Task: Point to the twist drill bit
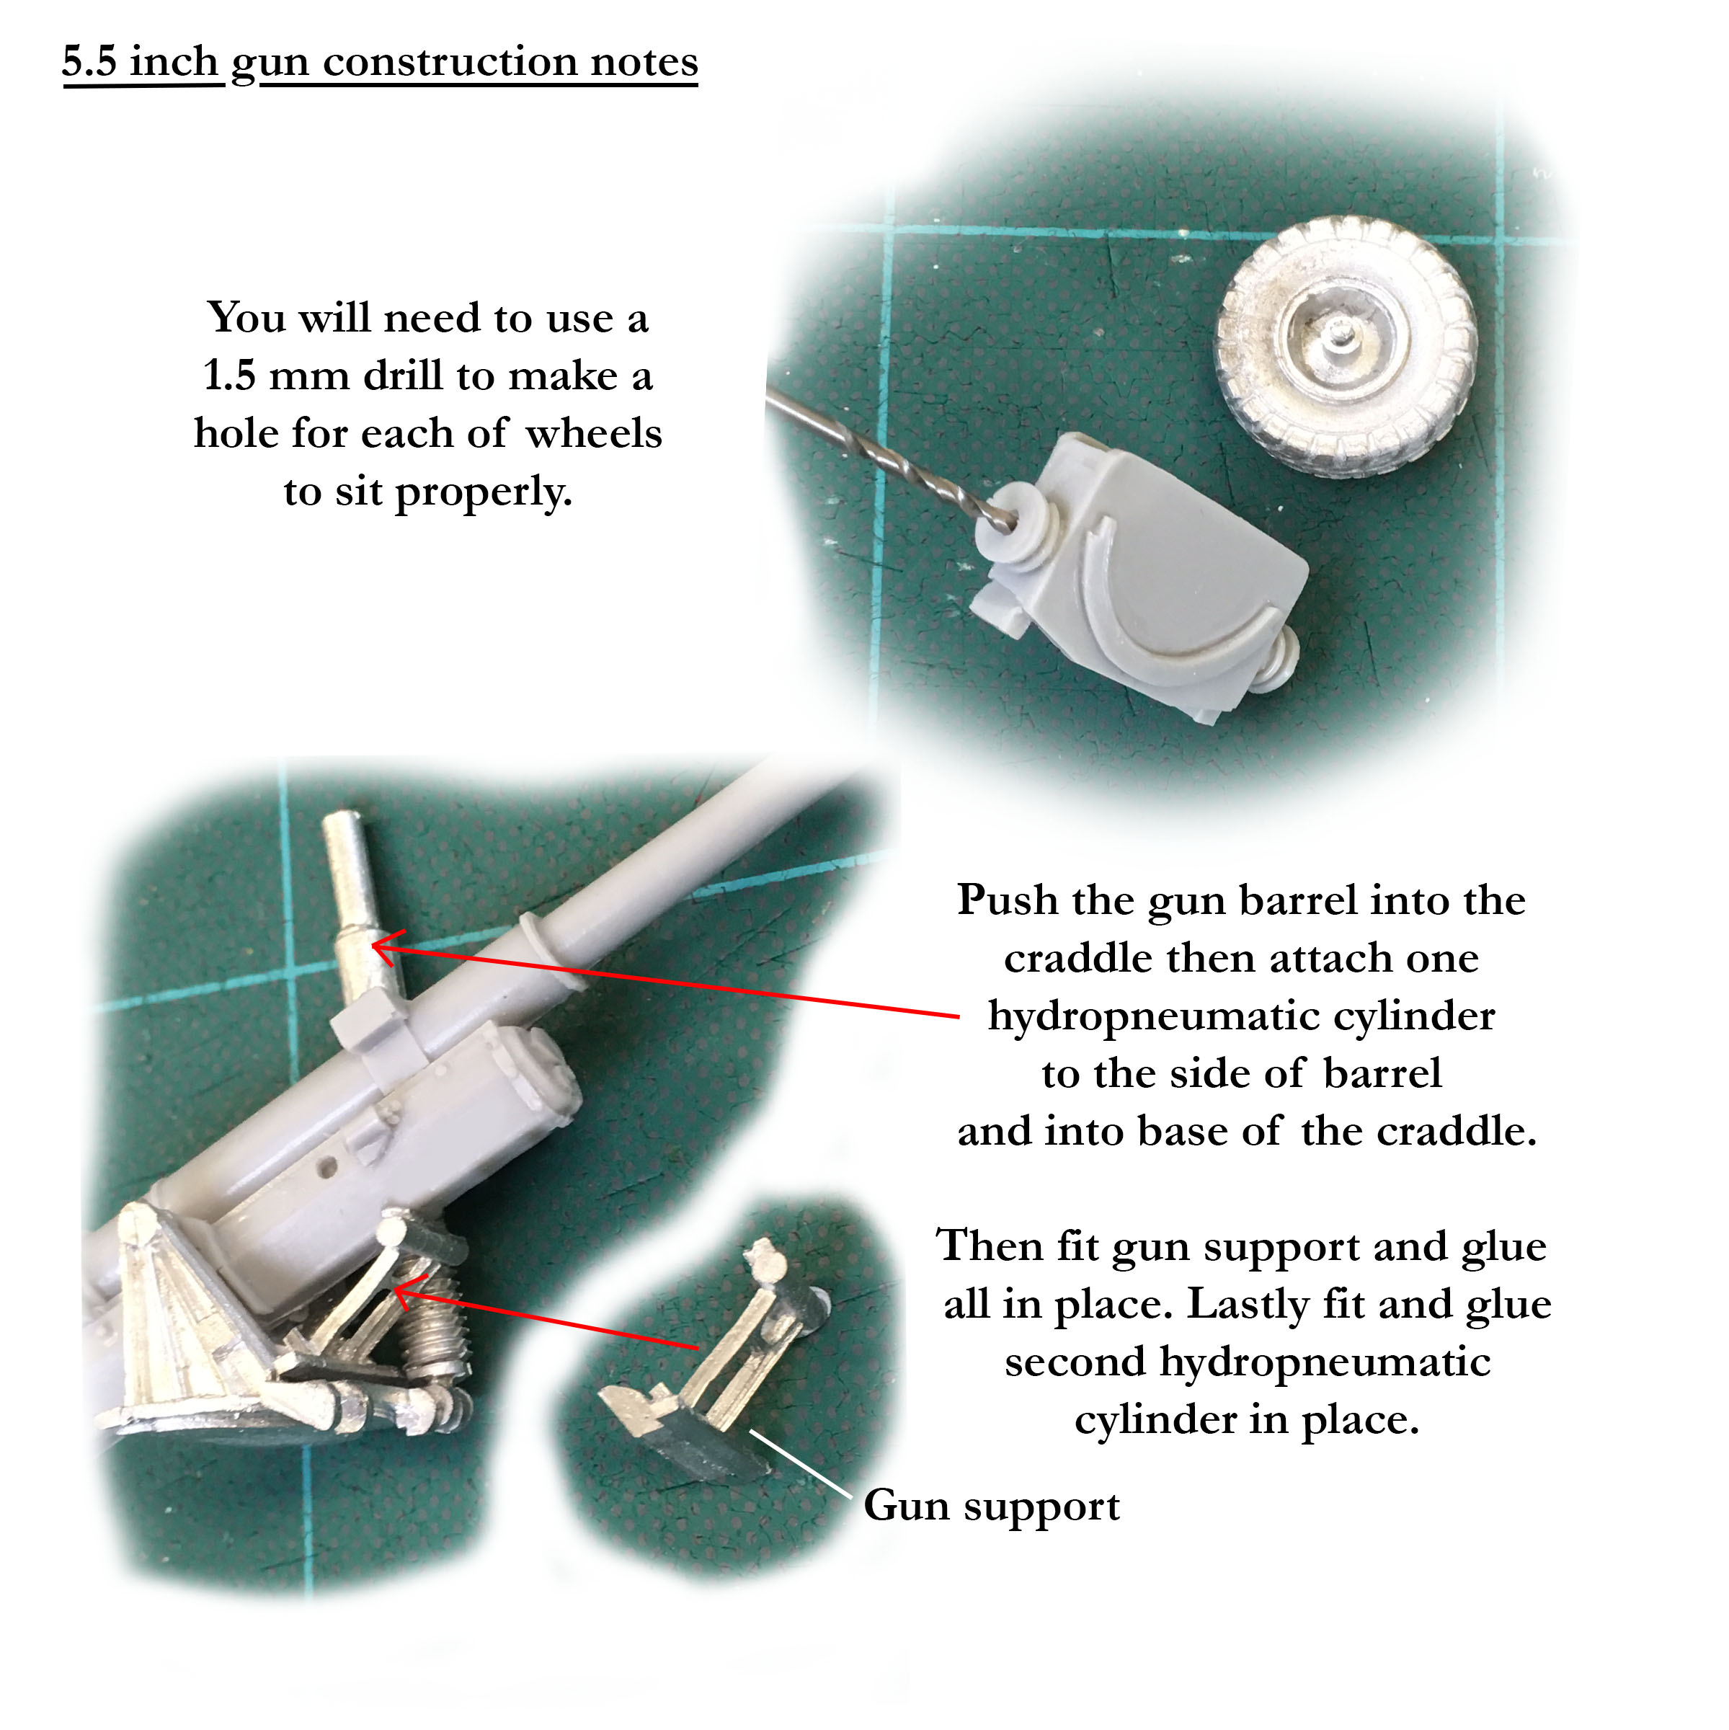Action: point(895,457)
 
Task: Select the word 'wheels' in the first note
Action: point(594,433)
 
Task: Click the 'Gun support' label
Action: point(991,1505)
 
